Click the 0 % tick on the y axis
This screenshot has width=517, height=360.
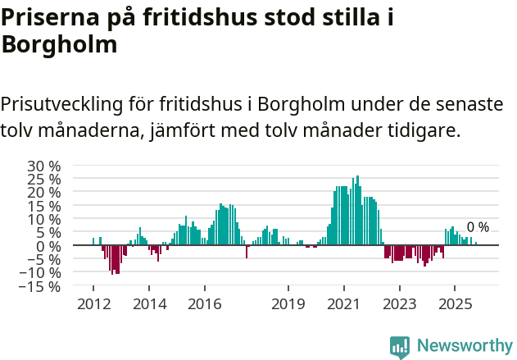[x=49, y=246]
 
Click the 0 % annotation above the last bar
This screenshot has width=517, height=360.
[x=478, y=227]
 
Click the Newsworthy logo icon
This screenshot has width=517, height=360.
[x=400, y=346]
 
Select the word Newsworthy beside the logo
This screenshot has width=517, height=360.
[x=464, y=346]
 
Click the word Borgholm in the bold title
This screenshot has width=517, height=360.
[x=59, y=45]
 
